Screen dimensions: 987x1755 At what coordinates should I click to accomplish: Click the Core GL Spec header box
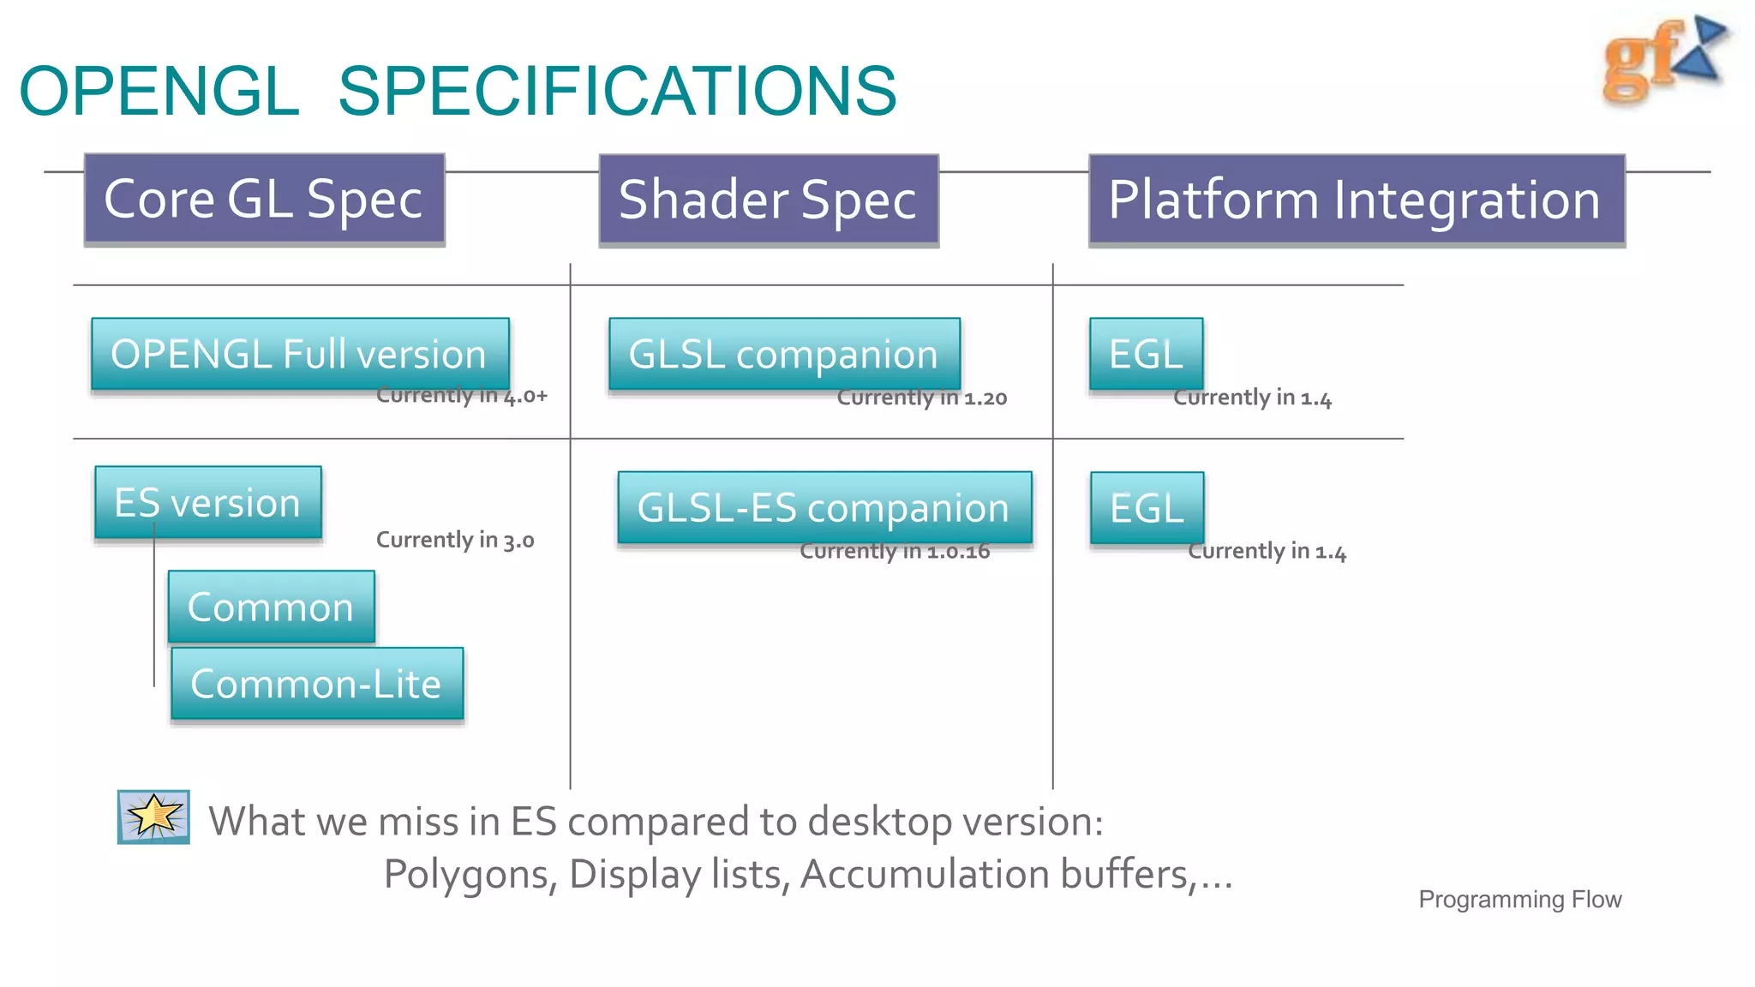pos(264,200)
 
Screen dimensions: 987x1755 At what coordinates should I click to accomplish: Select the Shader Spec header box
pos(769,200)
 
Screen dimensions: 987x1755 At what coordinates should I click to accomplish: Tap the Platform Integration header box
pos(1357,200)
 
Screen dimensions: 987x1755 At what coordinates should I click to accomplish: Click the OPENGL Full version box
pos(300,354)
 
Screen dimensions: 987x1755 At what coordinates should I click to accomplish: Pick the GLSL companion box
pos(784,354)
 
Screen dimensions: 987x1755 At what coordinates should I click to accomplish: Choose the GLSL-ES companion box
pos(824,507)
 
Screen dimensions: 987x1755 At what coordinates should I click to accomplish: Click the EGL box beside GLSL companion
pos(1146,354)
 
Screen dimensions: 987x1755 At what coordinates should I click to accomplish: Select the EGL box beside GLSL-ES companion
pos(1147,507)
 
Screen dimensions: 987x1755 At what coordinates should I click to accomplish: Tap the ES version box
pos(208,503)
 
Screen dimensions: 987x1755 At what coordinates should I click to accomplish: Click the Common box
pos(271,607)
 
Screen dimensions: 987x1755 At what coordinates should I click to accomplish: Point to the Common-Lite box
pos(317,684)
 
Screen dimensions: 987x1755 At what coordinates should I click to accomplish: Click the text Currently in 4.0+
pos(461,396)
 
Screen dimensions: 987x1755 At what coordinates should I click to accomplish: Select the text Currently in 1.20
pos(921,398)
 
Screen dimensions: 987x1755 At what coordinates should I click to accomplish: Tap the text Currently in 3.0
pos(455,540)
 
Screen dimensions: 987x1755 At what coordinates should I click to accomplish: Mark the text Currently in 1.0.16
pos(895,551)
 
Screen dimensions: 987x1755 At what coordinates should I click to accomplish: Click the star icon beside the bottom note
pos(153,817)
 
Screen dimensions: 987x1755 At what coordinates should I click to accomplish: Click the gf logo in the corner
pos(1662,60)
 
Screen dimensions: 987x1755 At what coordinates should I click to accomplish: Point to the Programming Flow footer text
pos(1519,900)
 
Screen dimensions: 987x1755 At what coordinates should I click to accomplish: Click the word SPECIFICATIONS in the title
pos(617,91)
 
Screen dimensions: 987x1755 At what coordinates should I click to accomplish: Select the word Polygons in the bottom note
pos(470,875)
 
